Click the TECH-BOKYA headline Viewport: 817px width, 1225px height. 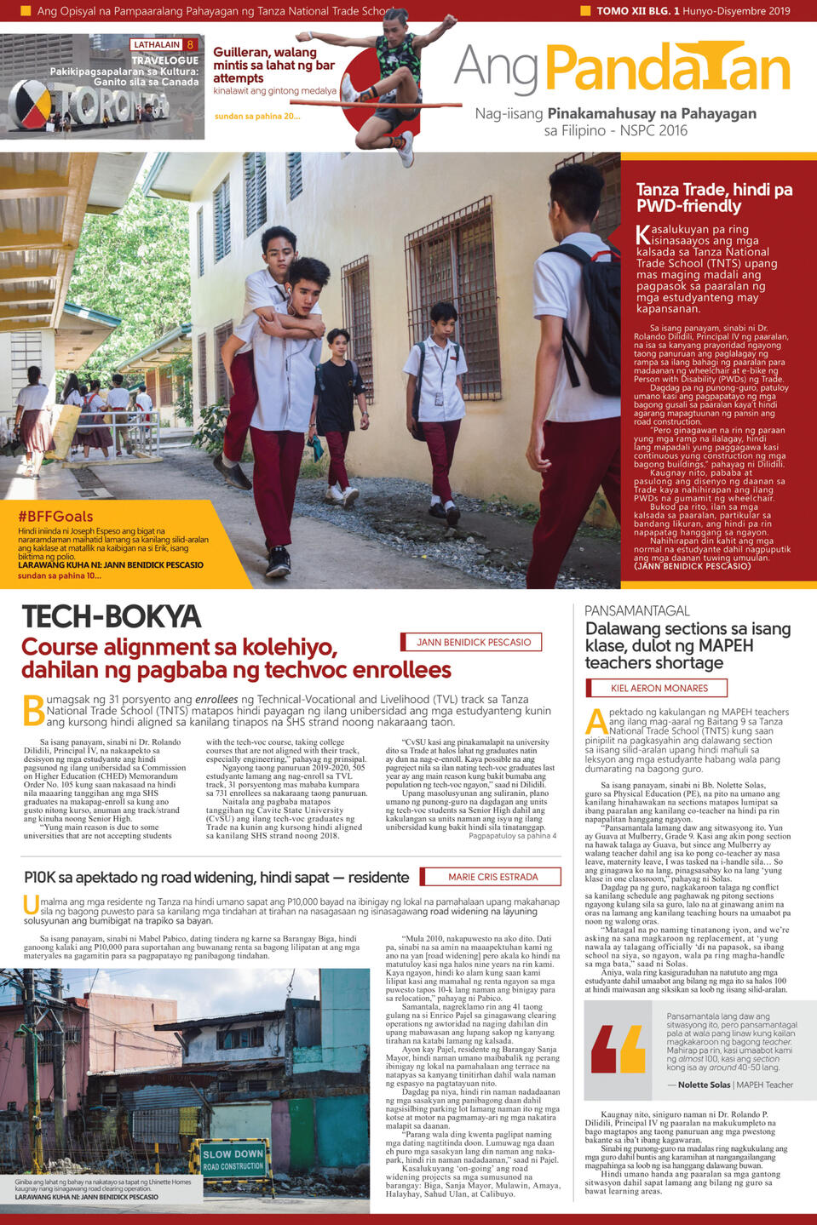tap(112, 616)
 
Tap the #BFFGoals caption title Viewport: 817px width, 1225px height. tap(55, 516)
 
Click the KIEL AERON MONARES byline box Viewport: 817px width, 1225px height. tap(659, 688)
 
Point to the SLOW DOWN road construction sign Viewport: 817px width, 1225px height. tap(233, 1159)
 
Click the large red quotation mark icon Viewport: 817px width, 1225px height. tap(619, 1049)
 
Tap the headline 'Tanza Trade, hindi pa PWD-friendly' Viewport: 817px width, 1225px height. tap(714, 197)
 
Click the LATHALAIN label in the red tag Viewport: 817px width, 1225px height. tap(157, 44)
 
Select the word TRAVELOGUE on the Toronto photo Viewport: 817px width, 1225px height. tap(165, 60)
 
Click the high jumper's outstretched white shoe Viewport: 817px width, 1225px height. tap(406, 149)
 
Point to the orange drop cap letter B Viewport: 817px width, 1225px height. tap(33, 710)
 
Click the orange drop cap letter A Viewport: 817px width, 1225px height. tap(596, 721)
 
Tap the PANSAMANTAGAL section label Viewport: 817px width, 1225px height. tap(636, 610)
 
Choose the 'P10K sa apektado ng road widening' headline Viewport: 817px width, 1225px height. tap(216, 877)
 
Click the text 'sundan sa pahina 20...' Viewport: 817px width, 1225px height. tap(256, 116)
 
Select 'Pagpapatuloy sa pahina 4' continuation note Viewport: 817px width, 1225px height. tap(512, 836)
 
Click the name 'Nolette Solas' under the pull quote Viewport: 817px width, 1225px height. tap(705, 1085)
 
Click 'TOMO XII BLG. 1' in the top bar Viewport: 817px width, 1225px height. tap(638, 11)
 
